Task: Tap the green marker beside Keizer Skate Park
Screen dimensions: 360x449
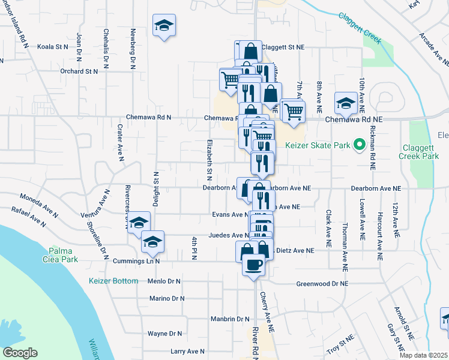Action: [x=360, y=145]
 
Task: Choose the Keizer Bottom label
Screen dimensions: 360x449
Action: [x=113, y=281]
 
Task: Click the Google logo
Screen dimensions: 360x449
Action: [x=20, y=353]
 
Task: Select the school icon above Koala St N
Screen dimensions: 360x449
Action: [x=164, y=26]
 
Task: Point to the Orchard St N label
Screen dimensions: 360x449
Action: [x=79, y=71]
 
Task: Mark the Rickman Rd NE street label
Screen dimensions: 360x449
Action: [x=373, y=150]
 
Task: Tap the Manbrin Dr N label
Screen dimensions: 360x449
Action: [x=229, y=319]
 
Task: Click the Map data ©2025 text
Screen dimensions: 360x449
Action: [x=423, y=355]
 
